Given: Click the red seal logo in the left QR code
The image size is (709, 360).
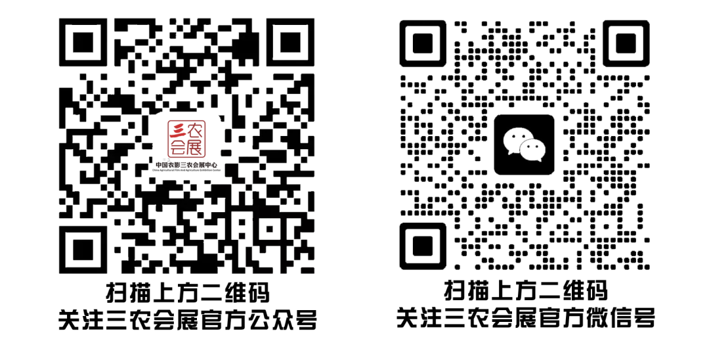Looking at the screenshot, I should click(x=186, y=139).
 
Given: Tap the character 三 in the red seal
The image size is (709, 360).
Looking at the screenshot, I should click(x=177, y=129).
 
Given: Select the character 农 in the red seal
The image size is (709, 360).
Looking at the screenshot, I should click(x=196, y=129).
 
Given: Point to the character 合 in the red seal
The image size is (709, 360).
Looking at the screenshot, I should click(x=177, y=148).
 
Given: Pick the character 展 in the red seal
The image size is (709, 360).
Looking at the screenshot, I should click(x=196, y=148).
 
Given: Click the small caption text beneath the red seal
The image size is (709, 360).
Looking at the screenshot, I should click(x=186, y=166).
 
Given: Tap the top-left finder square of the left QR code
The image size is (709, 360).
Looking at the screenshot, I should click(x=82, y=42).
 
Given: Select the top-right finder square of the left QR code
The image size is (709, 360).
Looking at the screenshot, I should click(x=291, y=42).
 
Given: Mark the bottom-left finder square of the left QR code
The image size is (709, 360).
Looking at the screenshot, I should click(x=82, y=250).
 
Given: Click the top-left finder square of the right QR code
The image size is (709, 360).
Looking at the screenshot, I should click(x=423, y=43).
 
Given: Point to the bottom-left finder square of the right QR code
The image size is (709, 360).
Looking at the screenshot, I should click(x=423, y=245).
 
